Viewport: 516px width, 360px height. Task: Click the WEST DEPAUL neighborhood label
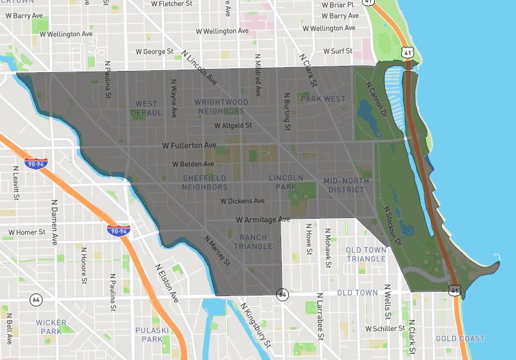(x=146, y=108)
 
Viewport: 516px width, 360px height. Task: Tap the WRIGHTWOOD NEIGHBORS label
(x=221, y=106)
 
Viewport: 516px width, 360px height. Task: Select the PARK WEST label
(x=323, y=99)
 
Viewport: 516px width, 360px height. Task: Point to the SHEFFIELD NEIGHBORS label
(x=204, y=183)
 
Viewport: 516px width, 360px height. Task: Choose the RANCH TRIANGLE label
(x=253, y=242)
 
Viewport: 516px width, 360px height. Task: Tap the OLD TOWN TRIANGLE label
(x=366, y=254)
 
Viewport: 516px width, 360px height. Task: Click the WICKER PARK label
(x=52, y=326)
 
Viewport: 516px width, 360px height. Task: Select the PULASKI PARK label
(x=152, y=334)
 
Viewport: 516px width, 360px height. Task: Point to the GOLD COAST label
(x=459, y=339)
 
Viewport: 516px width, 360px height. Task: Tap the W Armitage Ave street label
(x=263, y=220)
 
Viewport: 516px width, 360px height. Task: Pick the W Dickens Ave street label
(x=243, y=201)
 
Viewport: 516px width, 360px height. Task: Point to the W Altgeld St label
(x=233, y=126)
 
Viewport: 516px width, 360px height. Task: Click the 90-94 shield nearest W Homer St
(x=119, y=229)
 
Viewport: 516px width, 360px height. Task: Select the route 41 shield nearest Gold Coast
(x=455, y=292)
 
